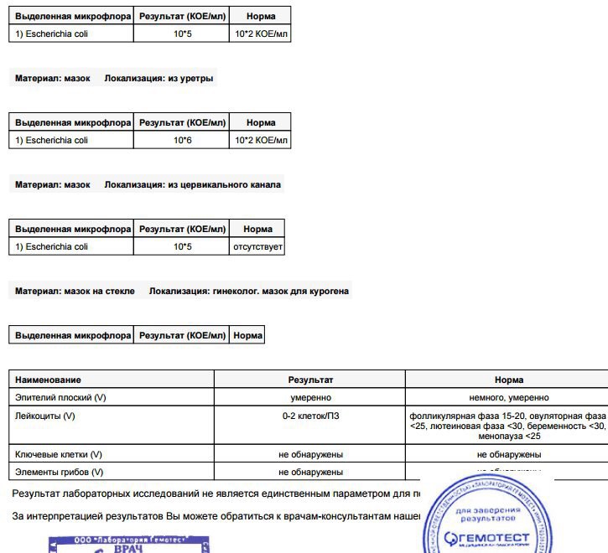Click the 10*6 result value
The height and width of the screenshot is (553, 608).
(183, 140)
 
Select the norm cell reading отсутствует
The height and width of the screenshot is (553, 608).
(257, 247)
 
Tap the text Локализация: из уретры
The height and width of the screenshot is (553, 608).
(159, 79)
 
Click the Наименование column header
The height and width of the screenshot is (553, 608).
(48, 380)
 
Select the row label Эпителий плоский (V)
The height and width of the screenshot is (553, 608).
(60, 397)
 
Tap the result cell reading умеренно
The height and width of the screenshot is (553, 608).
(310, 397)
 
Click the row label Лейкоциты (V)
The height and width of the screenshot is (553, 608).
(45, 416)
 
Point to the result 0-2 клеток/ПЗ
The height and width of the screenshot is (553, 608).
(310, 416)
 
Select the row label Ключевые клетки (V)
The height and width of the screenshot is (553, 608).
(59, 454)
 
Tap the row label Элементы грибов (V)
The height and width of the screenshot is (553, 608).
(59, 473)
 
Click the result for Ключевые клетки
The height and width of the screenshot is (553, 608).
(310, 454)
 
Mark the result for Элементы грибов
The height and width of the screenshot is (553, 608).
(310, 473)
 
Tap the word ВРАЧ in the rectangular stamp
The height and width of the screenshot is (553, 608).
(127, 547)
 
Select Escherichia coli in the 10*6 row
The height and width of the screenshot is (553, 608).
(51, 140)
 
